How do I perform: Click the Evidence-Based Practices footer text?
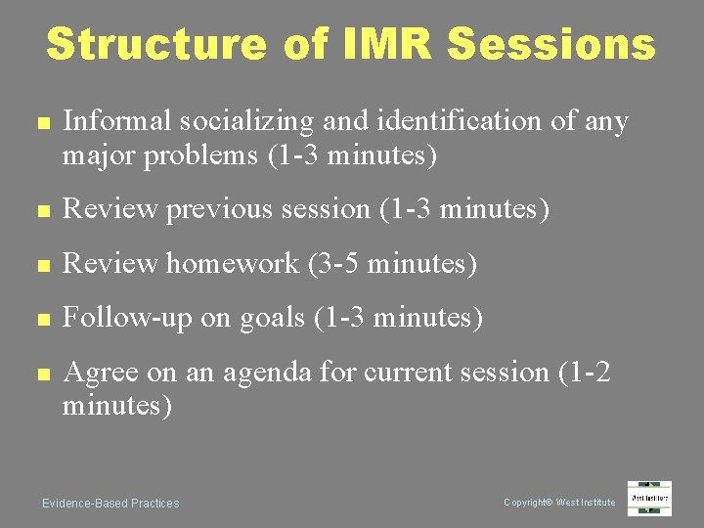pyautogui.click(x=110, y=503)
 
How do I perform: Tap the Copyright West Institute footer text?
pyautogui.click(x=559, y=503)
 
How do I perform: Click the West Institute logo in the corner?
pyautogui.click(x=649, y=499)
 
